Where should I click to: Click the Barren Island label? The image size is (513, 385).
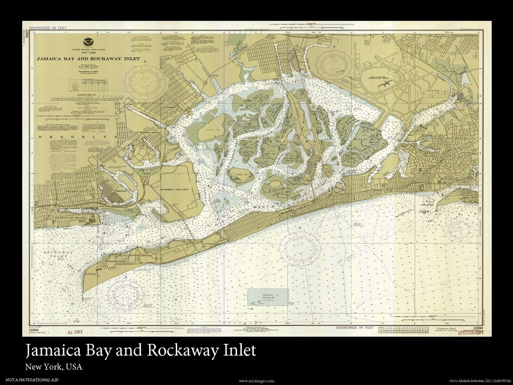(175, 189)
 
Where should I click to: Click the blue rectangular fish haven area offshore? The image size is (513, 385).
(269, 298)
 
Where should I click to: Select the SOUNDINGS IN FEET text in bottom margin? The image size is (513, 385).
(355, 328)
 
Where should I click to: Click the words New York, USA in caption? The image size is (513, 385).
(54, 367)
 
